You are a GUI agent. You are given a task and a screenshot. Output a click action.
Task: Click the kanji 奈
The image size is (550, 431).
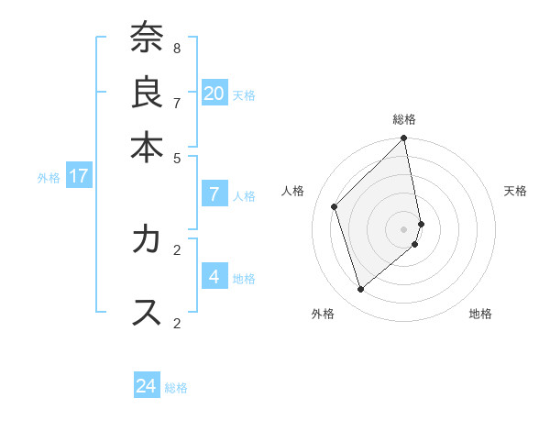[147, 39]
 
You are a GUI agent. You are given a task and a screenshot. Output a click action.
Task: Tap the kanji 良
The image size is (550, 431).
[147, 93]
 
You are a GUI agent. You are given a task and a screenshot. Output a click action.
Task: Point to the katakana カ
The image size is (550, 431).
[147, 239]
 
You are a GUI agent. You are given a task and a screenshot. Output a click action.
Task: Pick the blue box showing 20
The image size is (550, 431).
[214, 93]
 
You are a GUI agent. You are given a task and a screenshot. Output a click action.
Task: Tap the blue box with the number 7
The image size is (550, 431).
[214, 193]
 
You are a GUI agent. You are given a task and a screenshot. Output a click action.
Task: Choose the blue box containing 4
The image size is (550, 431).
[214, 276]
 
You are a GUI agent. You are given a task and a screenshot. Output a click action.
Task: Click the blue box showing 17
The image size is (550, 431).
[79, 176]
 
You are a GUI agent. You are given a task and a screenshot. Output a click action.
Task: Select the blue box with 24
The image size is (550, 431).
[147, 386]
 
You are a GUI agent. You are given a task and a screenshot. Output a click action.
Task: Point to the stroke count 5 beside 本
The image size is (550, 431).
[176, 157]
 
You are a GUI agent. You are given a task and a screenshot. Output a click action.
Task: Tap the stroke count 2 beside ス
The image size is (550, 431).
[176, 323]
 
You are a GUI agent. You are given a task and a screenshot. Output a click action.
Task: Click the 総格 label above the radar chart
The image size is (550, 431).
[404, 119]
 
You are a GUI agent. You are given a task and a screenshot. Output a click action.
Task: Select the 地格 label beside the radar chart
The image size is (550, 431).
[480, 314]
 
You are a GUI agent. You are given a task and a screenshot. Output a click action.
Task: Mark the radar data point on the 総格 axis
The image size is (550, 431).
[404, 139]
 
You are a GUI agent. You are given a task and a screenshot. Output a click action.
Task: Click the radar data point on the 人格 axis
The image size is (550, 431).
[335, 206]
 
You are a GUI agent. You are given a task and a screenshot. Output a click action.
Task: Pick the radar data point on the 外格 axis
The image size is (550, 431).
[361, 289]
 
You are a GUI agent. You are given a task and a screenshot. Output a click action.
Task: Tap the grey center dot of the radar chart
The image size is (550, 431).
[404, 228]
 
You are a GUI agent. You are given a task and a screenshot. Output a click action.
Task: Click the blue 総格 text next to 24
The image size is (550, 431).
[176, 388]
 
